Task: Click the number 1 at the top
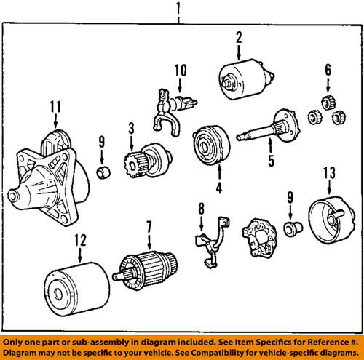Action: [x=178, y=9]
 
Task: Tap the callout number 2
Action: [x=239, y=37]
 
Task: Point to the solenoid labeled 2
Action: [x=242, y=76]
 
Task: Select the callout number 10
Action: [x=180, y=70]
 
